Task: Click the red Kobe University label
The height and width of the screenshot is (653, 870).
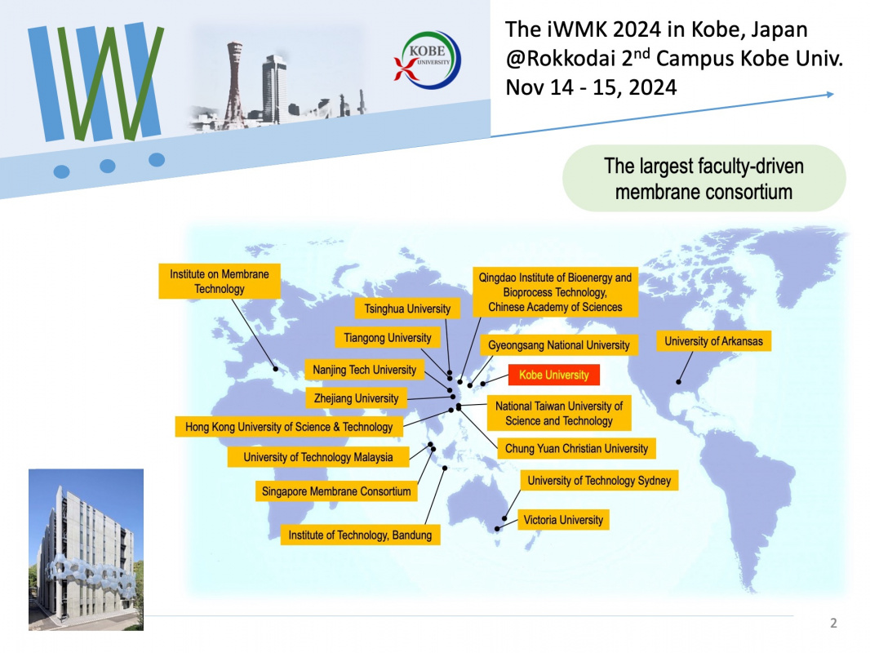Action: click(553, 375)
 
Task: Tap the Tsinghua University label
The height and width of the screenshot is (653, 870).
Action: click(407, 309)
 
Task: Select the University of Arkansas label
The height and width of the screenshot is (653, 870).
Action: click(713, 341)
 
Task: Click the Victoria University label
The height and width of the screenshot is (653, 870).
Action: click(563, 520)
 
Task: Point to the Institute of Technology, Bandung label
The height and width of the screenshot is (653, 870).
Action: click(360, 535)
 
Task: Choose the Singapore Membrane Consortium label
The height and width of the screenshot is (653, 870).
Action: click(336, 491)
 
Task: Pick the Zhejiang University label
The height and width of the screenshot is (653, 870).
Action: click(356, 398)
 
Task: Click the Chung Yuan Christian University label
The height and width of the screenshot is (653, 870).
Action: click(576, 448)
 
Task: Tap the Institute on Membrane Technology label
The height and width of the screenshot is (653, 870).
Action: click(220, 282)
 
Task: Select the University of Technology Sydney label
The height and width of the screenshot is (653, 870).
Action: click(599, 481)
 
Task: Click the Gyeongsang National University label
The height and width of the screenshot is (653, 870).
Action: click(559, 345)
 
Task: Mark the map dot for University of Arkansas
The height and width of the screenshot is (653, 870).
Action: click(678, 382)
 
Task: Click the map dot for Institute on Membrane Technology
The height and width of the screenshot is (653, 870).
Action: click(276, 369)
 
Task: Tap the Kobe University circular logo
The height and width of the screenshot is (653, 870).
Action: click(428, 60)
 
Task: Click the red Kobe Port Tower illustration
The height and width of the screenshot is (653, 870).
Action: click(235, 85)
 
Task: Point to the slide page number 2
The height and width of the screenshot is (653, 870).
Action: click(833, 623)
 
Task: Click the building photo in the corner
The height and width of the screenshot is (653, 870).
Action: click(86, 550)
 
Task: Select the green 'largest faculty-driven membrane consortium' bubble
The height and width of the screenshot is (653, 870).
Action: click(704, 179)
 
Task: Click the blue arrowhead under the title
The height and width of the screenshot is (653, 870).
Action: click(830, 95)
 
